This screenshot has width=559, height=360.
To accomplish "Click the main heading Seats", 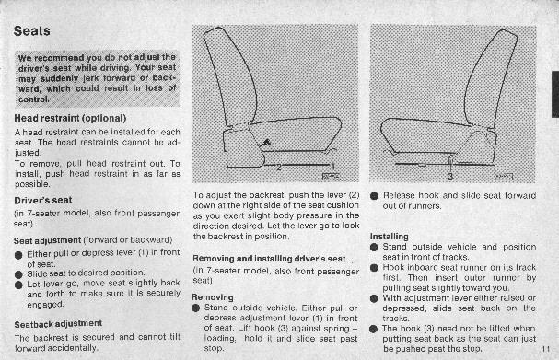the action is (x=31, y=31).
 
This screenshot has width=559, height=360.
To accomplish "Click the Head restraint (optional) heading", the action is (x=70, y=118).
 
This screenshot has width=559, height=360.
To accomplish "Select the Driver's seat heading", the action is (x=43, y=201).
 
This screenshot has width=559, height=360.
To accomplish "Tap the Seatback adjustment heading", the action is (x=58, y=324).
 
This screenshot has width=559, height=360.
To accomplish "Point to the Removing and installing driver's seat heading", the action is (x=269, y=259).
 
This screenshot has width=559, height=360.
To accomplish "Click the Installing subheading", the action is (x=390, y=237).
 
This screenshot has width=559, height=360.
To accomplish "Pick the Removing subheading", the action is (x=213, y=297).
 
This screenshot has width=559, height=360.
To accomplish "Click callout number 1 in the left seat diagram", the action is (x=333, y=167).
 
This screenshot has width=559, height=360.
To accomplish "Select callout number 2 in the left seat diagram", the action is (x=279, y=167).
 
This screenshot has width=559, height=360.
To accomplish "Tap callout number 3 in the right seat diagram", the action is (x=450, y=176).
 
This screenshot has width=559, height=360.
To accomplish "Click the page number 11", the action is (x=546, y=349).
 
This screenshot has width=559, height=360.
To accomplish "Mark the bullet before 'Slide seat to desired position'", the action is (x=18, y=274).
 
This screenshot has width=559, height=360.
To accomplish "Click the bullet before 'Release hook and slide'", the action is (x=374, y=196).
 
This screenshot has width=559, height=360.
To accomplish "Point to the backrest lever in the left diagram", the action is (x=265, y=144).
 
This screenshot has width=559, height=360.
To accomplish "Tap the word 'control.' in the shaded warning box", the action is (x=33, y=99).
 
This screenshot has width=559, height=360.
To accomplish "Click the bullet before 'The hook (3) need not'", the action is (x=373, y=329).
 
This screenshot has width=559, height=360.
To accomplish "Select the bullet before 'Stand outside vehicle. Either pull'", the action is (x=196, y=308).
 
